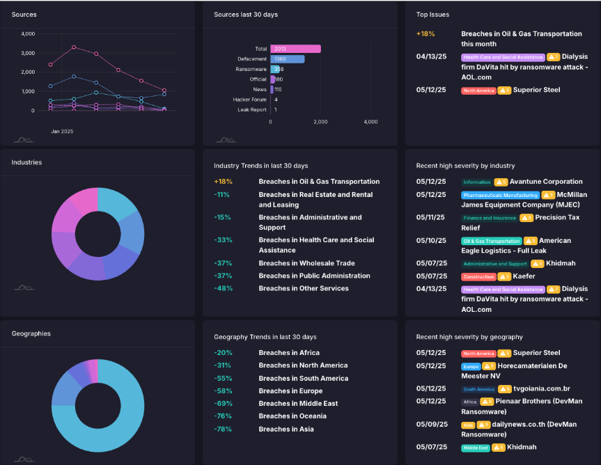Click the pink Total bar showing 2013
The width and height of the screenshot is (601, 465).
point(295,49)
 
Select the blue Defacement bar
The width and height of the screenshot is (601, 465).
point(287,59)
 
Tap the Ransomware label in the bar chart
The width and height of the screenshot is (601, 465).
point(251,70)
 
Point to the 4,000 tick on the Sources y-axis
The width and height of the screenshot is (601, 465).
point(28,34)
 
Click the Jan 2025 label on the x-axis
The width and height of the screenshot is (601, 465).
point(62,131)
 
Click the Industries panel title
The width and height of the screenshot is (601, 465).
point(26,162)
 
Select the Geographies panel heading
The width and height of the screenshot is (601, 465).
point(31,333)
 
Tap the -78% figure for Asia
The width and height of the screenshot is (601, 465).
point(222,429)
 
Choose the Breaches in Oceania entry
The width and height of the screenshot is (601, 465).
point(292,416)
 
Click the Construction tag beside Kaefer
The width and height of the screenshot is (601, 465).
point(478,277)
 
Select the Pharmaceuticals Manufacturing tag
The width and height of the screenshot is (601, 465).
point(500,196)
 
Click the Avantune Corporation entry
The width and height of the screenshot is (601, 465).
point(546,182)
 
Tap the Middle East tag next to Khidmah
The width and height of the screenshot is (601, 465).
point(475,448)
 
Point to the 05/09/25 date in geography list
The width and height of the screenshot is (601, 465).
point(430,425)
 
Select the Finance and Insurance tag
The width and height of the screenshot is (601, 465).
point(490,218)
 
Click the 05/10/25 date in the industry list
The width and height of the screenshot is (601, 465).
point(430,240)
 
